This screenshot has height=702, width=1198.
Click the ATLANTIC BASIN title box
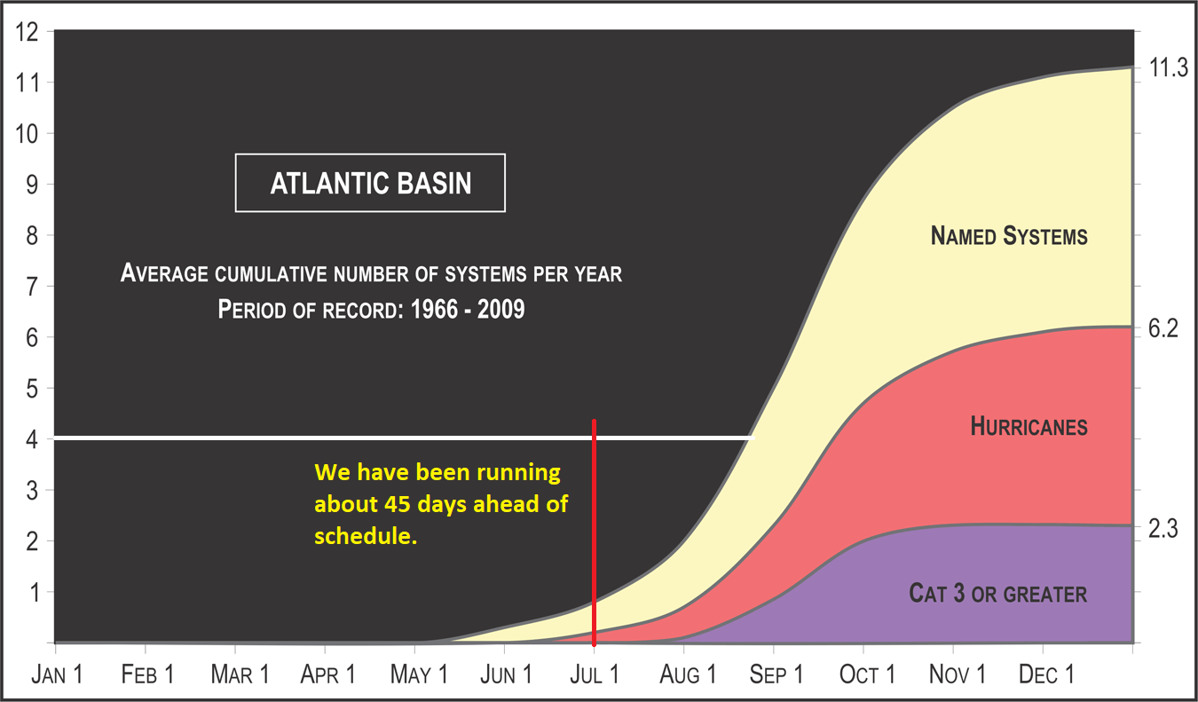(370, 183)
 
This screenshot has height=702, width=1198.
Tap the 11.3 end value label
(1168, 68)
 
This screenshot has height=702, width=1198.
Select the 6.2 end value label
(1163, 328)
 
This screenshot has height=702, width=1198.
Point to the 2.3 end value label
(1163, 529)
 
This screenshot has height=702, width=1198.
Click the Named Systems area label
(1009, 236)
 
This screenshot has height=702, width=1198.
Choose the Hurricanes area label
(1029, 427)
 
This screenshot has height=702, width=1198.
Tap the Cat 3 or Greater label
(998, 594)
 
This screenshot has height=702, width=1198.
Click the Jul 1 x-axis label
(595, 674)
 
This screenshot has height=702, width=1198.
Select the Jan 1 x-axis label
(57, 674)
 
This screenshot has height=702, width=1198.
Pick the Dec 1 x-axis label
(1046, 674)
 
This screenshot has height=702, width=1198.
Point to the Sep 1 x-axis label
(776, 674)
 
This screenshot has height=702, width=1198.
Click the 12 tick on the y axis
(27, 32)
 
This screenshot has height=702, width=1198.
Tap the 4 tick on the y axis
(32, 440)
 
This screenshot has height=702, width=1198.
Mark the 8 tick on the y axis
(32, 235)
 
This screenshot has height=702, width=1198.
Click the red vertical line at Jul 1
(595, 532)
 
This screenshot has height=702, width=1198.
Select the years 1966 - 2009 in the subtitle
(468, 309)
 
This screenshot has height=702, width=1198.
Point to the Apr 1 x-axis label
(327, 674)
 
